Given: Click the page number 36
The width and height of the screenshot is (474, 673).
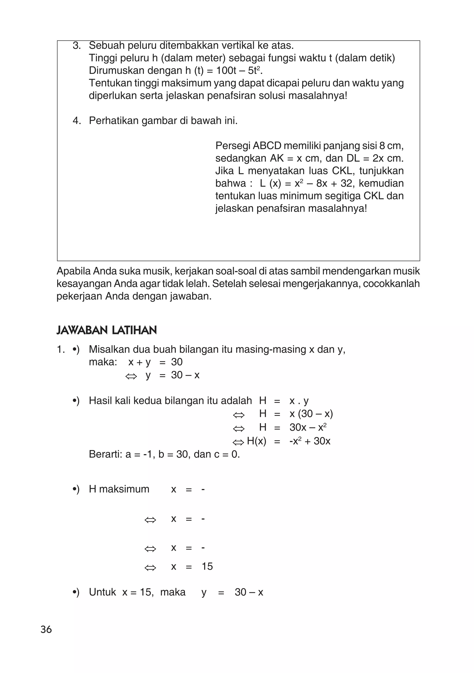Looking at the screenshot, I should [x=46, y=629].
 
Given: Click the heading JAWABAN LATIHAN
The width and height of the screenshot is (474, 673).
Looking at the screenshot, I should [x=106, y=330].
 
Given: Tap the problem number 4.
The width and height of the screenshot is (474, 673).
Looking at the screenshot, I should [x=76, y=121].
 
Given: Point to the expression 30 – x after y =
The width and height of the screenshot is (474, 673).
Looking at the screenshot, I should [x=185, y=375].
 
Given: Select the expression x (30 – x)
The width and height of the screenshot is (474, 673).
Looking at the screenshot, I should [x=311, y=414].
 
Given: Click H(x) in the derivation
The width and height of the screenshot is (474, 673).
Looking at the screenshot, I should [x=256, y=441].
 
